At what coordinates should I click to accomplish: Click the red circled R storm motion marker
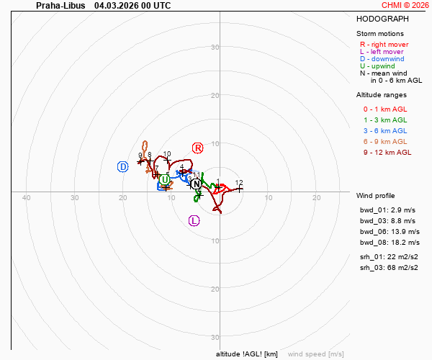198,148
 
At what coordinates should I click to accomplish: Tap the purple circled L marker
194,220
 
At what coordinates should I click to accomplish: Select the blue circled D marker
123,166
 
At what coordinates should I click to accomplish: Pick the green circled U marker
166,179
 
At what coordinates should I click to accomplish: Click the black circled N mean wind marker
196,184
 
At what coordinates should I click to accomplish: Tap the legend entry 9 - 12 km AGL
387,152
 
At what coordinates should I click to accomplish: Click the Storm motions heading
380,33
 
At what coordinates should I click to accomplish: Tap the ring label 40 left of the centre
27,198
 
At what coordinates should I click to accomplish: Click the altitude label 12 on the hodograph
239,183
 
